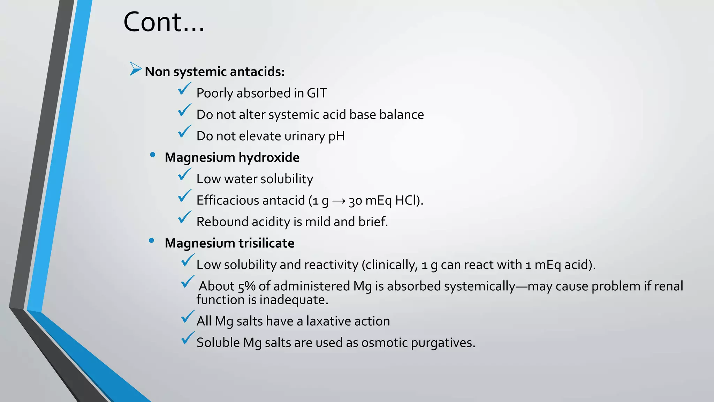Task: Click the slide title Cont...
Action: tap(164, 22)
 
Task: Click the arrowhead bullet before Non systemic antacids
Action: tap(135, 69)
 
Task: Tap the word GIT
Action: tap(317, 93)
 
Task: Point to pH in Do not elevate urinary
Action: tap(336, 136)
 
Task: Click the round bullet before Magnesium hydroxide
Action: tap(152, 155)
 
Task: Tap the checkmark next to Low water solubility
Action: tap(184, 174)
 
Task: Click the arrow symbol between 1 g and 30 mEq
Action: tap(339, 201)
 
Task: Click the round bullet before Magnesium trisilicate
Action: tap(151, 240)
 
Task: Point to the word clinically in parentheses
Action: tap(390, 265)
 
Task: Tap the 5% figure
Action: tap(247, 286)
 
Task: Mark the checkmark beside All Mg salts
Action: tap(188, 317)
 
